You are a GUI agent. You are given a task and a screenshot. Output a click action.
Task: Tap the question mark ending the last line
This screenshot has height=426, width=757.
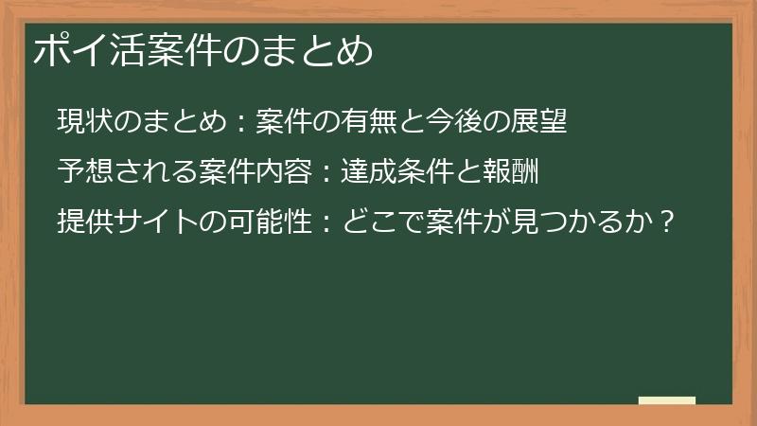[668, 224]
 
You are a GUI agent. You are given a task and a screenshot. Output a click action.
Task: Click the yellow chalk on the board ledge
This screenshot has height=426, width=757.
[667, 400]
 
